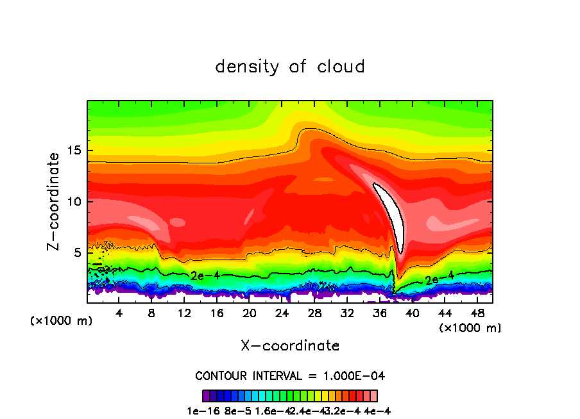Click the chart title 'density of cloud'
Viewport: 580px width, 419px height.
(290, 67)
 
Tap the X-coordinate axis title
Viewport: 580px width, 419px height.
(290, 346)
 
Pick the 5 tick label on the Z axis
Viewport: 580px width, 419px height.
(76, 252)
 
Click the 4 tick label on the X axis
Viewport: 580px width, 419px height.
(119, 313)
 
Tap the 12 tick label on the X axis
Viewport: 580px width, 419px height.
(184, 313)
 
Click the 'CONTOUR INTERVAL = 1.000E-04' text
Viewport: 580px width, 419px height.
(290, 375)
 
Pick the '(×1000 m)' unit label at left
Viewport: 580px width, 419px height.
(62, 321)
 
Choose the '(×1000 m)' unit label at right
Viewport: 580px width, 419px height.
(470, 328)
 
